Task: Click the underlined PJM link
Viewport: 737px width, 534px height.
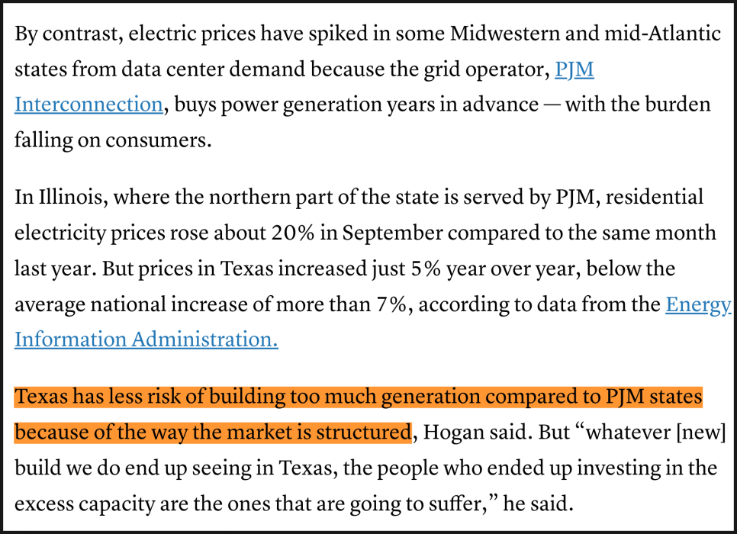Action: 574,69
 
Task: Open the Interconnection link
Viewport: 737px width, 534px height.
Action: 89,104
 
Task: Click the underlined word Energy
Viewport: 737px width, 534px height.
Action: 698,304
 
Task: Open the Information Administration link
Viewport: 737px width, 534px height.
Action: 146,339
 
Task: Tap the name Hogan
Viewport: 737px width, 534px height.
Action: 452,432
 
